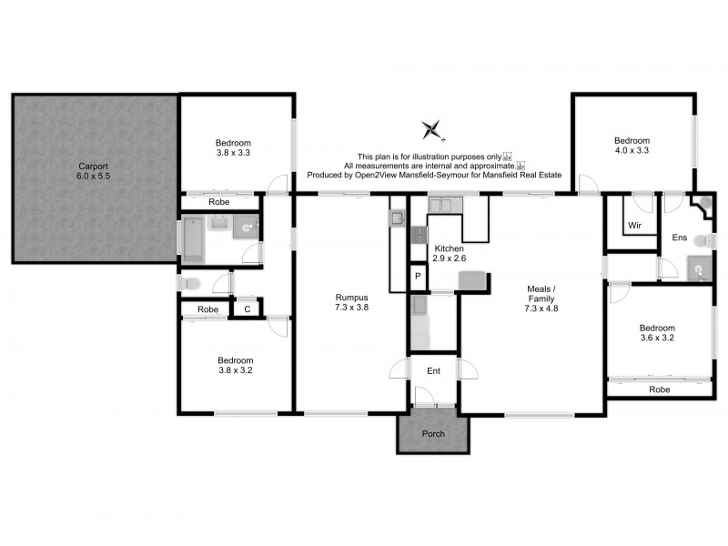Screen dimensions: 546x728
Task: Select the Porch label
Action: [433, 433]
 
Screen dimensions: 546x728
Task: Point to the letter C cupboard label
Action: [247, 309]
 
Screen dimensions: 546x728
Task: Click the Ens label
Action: [679, 238]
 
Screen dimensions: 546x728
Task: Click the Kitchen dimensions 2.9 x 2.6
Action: [449, 259]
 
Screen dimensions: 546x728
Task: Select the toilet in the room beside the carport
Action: [189, 284]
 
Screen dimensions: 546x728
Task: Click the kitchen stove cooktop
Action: [419, 235]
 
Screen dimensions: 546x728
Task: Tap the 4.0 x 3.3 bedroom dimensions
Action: [632, 152]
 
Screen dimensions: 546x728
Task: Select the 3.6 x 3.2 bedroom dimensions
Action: [656, 339]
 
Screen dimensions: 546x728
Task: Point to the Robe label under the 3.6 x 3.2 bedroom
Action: [661, 389]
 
